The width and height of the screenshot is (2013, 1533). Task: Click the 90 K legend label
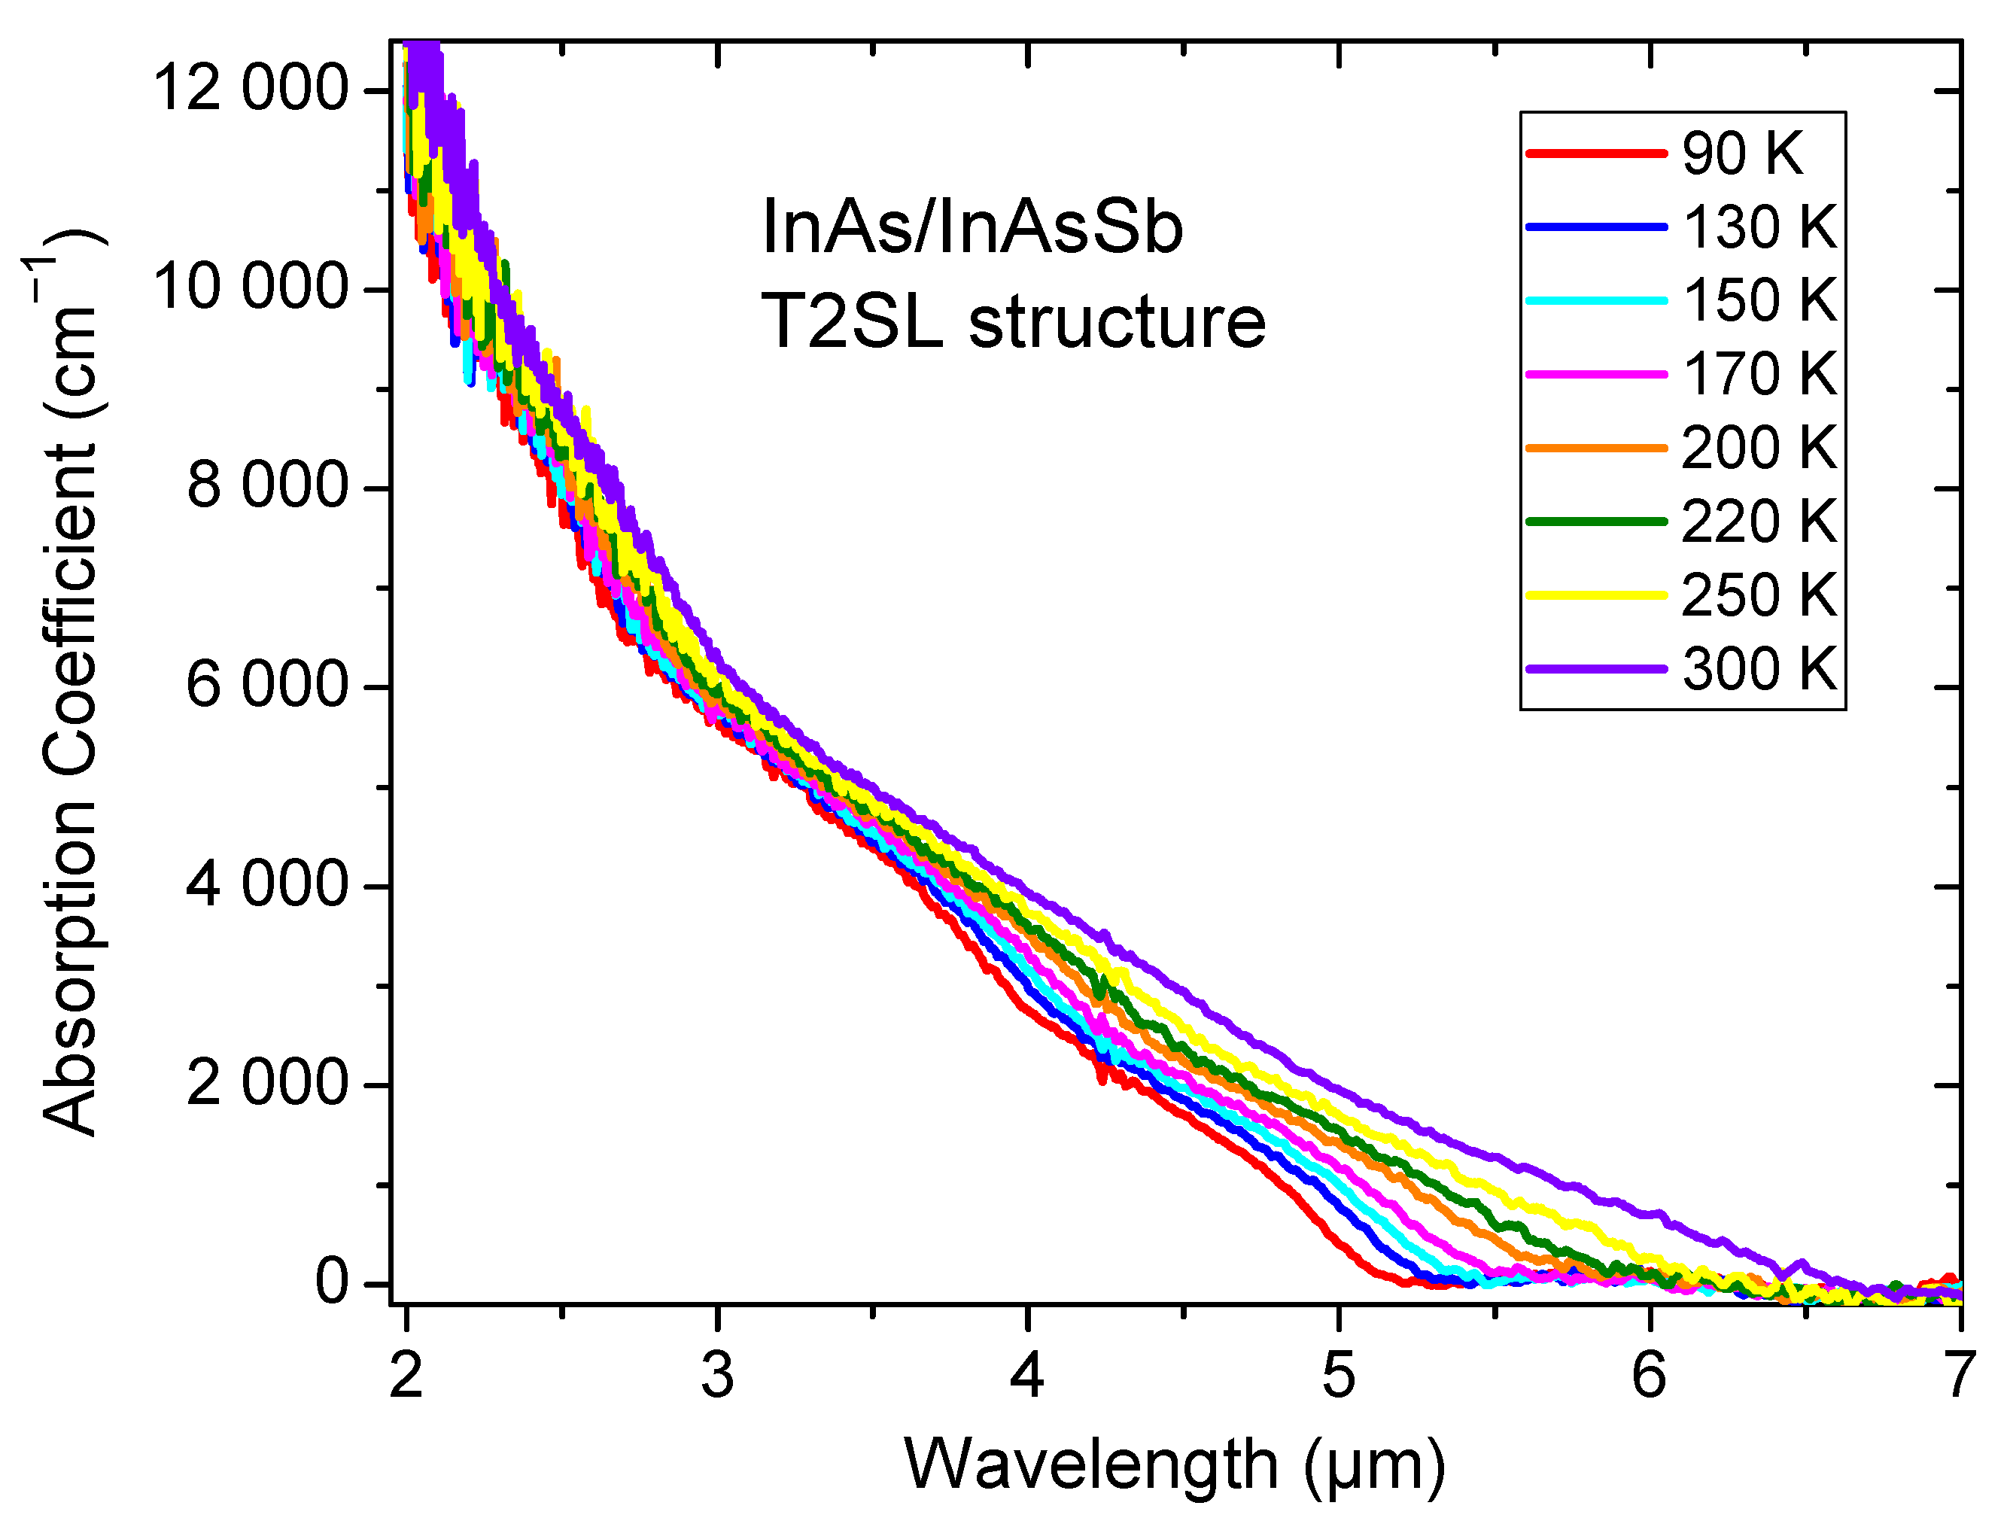click(x=1742, y=154)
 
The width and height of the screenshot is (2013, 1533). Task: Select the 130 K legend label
click(x=1759, y=227)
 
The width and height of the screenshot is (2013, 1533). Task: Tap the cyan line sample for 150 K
click(x=1596, y=300)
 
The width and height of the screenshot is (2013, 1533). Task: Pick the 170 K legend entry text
click(x=1759, y=374)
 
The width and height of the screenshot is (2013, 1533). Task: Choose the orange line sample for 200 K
click(x=1596, y=448)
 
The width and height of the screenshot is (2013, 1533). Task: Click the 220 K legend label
click(x=1759, y=522)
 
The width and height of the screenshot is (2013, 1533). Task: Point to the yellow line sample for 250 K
click(x=1596, y=596)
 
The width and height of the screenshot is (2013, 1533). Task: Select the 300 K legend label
click(x=1759, y=669)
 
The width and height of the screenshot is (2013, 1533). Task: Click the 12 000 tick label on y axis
click(x=250, y=90)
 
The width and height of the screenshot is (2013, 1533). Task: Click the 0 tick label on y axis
click(x=332, y=1283)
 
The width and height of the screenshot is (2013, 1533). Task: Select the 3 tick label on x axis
click(x=717, y=1376)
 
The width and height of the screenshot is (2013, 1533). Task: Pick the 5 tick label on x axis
click(x=1339, y=1376)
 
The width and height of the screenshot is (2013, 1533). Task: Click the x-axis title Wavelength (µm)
click(x=1175, y=1465)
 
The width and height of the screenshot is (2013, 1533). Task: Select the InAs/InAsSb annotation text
click(x=972, y=227)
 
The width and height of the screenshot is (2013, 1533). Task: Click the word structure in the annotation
click(x=1117, y=322)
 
